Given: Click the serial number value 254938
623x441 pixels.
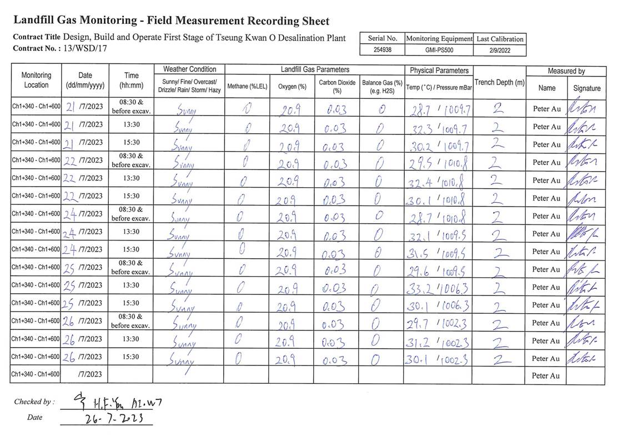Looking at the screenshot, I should (382, 50).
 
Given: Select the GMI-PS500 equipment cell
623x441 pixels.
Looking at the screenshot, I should (439, 50).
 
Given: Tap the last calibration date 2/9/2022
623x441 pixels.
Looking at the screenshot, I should (500, 50).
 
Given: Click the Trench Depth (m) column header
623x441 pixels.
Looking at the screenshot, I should (499, 83).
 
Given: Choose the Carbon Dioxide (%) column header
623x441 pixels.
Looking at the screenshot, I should (336, 86).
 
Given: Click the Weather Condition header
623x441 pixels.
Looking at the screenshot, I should (189, 69).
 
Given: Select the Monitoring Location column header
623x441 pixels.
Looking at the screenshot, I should (36, 80).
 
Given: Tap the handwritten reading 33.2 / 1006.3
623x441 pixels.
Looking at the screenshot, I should (439, 287).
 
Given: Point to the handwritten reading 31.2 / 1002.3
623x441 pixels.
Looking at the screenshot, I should (439, 340).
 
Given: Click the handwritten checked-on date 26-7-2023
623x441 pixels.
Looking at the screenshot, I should (106, 418).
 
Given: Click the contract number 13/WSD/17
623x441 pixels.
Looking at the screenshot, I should (86, 48).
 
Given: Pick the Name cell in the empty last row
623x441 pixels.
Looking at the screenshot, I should (546, 375).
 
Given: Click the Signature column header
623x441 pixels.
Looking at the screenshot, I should (586, 88).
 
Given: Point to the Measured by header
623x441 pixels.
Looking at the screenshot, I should (566, 71).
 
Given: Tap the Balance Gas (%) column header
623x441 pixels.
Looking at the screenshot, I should (382, 86).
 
